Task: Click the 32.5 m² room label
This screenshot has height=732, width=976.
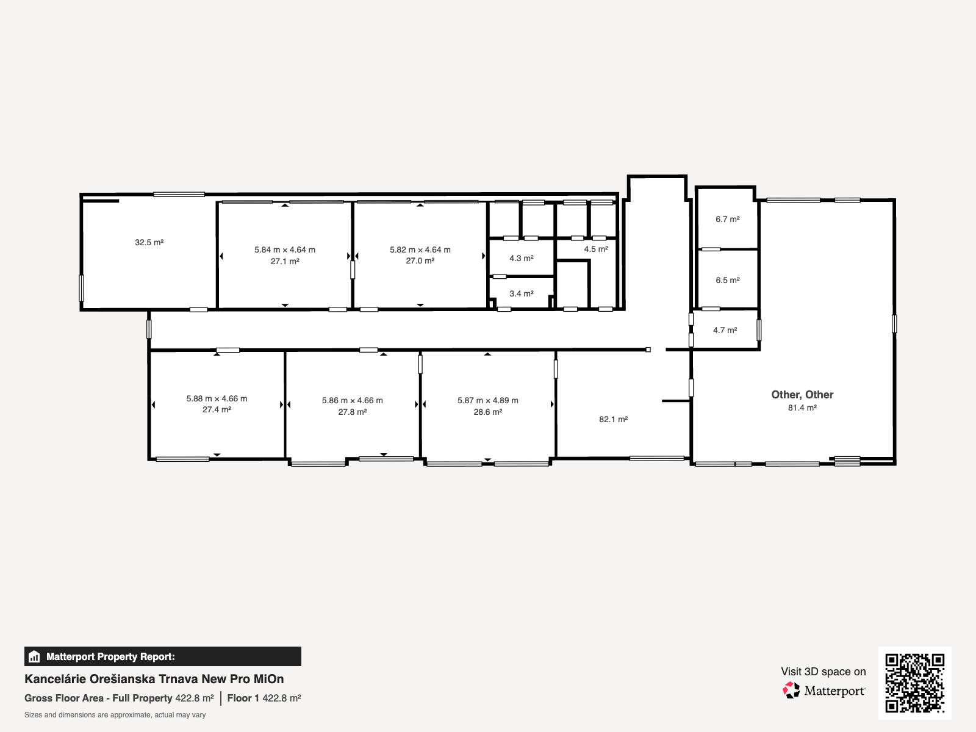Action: (x=149, y=242)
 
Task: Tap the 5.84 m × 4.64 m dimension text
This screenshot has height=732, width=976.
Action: (x=285, y=249)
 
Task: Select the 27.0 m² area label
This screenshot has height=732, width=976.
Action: (x=420, y=261)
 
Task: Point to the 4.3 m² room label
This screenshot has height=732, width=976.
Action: (x=521, y=258)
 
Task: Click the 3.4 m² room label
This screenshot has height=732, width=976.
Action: (x=521, y=294)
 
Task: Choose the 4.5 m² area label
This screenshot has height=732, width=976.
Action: (x=596, y=249)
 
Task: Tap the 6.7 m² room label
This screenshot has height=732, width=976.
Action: (x=728, y=219)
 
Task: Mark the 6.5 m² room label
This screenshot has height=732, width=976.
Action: (x=728, y=281)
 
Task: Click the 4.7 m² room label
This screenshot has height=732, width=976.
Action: (x=725, y=330)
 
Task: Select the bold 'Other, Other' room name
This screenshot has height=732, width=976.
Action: (x=802, y=395)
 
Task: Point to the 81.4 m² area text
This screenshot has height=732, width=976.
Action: (x=802, y=408)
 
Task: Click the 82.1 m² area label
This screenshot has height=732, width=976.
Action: (x=613, y=420)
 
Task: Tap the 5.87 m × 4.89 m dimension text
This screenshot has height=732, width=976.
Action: (x=488, y=400)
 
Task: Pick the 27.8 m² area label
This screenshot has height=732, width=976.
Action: (x=352, y=412)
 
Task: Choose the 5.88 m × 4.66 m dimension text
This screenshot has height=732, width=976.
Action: (x=217, y=399)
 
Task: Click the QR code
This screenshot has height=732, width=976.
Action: (x=914, y=683)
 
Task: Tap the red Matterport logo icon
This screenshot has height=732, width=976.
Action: (x=791, y=691)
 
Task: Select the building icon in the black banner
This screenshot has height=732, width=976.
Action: (x=34, y=656)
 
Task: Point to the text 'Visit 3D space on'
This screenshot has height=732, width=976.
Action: (x=823, y=672)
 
